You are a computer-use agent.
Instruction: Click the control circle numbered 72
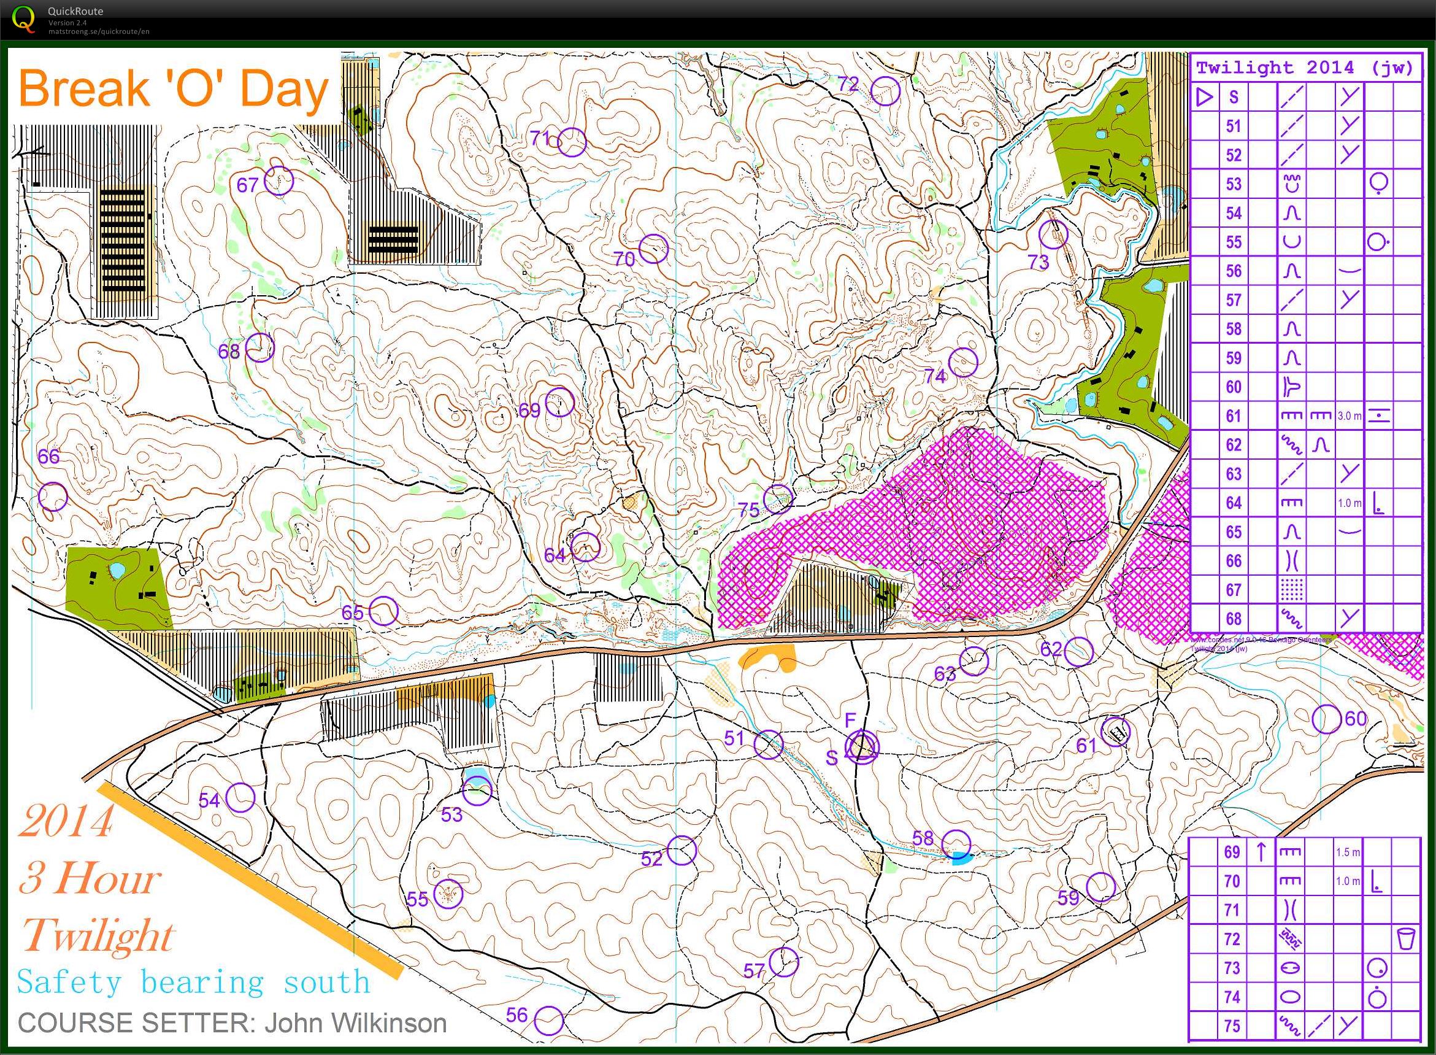pyautogui.click(x=885, y=91)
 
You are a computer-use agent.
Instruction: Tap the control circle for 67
pyautogui.click(x=279, y=180)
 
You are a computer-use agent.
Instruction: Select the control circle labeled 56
pyautogui.click(x=548, y=1021)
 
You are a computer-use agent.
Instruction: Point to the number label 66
pyautogui.click(x=48, y=456)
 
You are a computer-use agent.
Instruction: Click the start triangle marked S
pyautogui.click(x=862, y=746)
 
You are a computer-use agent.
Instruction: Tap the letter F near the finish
pyautogui.click(x=850, y=721)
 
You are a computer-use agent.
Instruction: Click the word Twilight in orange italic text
pyautogui.click(x=97, y=936)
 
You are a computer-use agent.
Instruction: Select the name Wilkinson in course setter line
pyautogui.click(x=356, y=1023)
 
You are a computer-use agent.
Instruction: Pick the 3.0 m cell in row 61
pyautogui.click(x=1349, y=415)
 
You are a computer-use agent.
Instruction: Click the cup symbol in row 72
pyautogui.click(x=1406, y=939)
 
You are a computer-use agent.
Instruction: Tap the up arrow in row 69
pyautogui.click(x=1261, y=852)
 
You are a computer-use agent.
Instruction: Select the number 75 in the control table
pyautogui.click(x=1232, y=1026)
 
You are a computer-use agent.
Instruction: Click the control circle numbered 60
pyautogui.click(x=1326, y=719)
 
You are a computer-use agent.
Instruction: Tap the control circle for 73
pyautogui.click(x=1053, y=234)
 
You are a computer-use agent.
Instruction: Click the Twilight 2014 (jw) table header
pyautogui.click(x=1305, y=68)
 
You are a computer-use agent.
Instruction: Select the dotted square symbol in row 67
pyautogui.click(x=1291, y=589)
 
